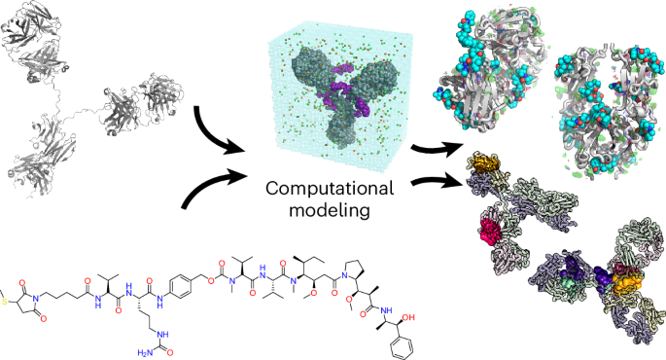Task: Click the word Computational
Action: pyautogui.click(x=330, y=189)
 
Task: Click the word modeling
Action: pyautogui.click(x=330, y=210)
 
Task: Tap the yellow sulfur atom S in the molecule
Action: pyautogui.click(x=4, y=303)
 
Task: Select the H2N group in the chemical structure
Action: pyautogui.click(x=145, y=353)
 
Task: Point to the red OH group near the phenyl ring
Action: pyautogui.click(x=408, y=317)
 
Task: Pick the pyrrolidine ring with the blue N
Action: pyautogui.click(x=359, y=271)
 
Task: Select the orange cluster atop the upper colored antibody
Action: pyautogui.click(x=486, y=163)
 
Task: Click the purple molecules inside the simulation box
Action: pyautogui.click(x=346, y=88)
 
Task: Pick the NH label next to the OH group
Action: pyautogui.click(x=387, y=310)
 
